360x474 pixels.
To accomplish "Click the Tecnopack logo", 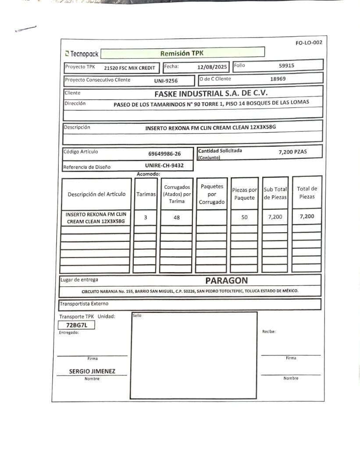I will (82, 54).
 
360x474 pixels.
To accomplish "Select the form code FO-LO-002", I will (309, 43).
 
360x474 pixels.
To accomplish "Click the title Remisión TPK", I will (182, 54).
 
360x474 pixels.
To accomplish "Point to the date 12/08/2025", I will (212, 67).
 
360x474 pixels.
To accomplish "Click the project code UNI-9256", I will (166, 81).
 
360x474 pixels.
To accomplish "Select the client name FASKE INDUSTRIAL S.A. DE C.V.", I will (210, 93).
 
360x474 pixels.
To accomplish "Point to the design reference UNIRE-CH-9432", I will (164, 165).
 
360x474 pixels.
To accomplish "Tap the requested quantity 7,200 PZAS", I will (293, 152).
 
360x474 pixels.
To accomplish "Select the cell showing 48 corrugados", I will (177, 217).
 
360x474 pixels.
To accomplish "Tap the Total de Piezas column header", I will (307, 193).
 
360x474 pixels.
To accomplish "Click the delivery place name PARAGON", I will (226, 280).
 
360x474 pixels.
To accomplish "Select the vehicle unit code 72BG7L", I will (77, 325).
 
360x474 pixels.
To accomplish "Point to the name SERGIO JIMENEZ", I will (92, 371).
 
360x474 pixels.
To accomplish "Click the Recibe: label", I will (269, 332).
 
